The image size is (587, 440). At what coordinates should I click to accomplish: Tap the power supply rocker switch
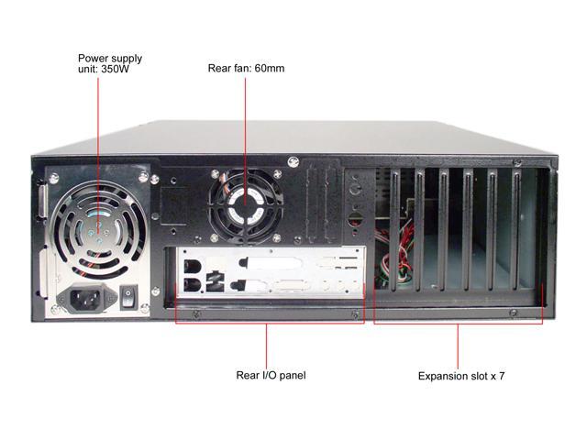point(129,297)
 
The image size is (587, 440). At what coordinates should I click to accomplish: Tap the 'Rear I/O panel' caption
point(271,375)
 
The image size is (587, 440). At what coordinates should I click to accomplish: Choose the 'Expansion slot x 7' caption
point(461,376)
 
